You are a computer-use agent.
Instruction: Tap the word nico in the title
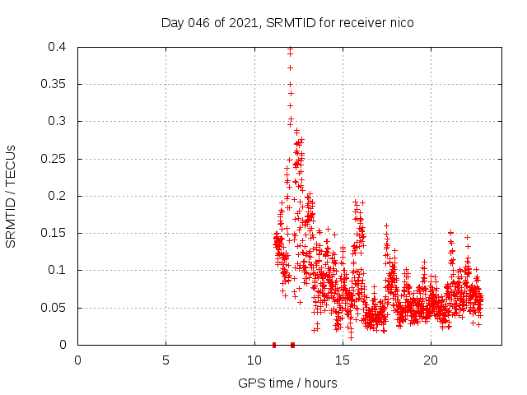click(x=401, y=23)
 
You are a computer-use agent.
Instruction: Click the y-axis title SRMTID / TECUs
click(x=11, y=196)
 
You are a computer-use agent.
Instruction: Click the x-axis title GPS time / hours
click(x=287, y=383)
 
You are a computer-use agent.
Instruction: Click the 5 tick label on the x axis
click(x=166, y=360)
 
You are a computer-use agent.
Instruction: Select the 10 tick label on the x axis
click(x=254, y=360)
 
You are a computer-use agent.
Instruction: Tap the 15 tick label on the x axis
click(x=342, y=360)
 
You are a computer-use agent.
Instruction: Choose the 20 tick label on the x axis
click(x=430, y=360)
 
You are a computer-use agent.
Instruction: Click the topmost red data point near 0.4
click(x=290, y=49)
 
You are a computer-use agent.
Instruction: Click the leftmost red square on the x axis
click(x=274, y=344)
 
